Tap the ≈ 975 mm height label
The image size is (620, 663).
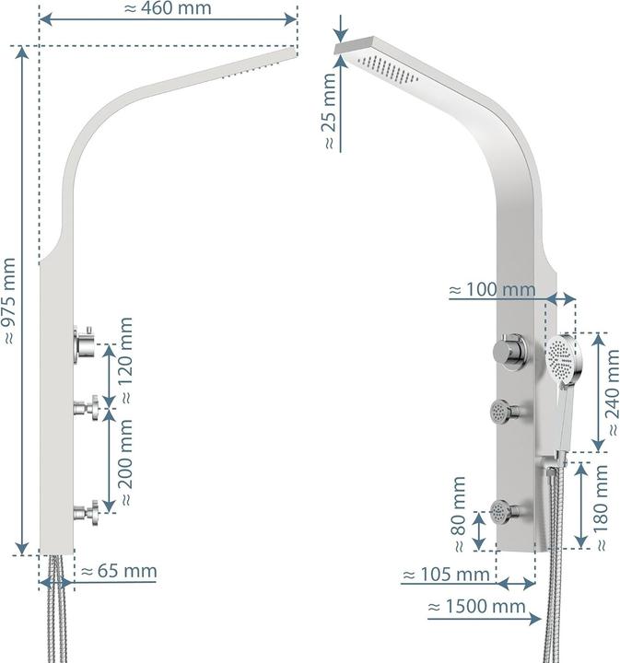(10, 299)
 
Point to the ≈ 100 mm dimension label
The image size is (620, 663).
(492, 290)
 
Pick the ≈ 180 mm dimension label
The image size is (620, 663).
(602, 506)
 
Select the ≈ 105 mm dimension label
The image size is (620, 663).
(446, 576)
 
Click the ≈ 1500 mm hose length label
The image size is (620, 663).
(476, 607)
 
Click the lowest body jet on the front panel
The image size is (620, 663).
(502, 508)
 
